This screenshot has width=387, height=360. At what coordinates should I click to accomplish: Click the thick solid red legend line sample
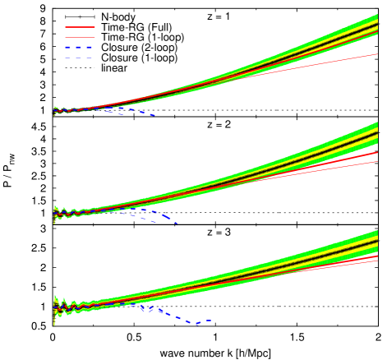click(x=80, y=27)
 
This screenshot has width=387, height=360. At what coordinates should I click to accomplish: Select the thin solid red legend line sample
click(x=80, y=37)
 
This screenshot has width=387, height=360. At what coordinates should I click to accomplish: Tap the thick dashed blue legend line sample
click(x=79, y=48)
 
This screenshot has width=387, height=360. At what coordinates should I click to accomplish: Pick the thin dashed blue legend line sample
click(x=79, y=58)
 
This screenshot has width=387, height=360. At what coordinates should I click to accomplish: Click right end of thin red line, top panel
click(x=377, y=54)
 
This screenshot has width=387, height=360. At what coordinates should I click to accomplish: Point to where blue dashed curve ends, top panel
click(x=154, y=116)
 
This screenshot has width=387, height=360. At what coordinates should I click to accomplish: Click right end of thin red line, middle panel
click(x=377, y=162)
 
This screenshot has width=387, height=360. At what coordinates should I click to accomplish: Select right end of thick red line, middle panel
click(x=377, y=153)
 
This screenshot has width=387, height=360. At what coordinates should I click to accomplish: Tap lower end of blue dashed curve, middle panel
click(x=176, y=224)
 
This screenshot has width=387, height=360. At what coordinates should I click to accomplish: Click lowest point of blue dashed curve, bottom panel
click(x=196, y=324)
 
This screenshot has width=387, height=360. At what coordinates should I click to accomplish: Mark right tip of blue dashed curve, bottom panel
click(x=212, y=320)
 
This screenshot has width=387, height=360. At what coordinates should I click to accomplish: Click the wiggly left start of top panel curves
click(x=56, y=110)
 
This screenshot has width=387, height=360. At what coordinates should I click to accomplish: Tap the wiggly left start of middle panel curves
click(x=56, y=213)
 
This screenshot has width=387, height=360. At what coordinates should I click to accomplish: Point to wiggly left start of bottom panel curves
click(x=56, y=307)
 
